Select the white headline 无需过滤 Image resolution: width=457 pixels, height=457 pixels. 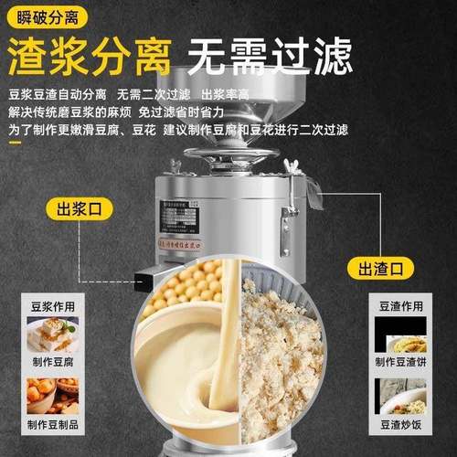tap(271, 58)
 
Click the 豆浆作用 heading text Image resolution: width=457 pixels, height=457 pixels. tap(49, 307)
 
